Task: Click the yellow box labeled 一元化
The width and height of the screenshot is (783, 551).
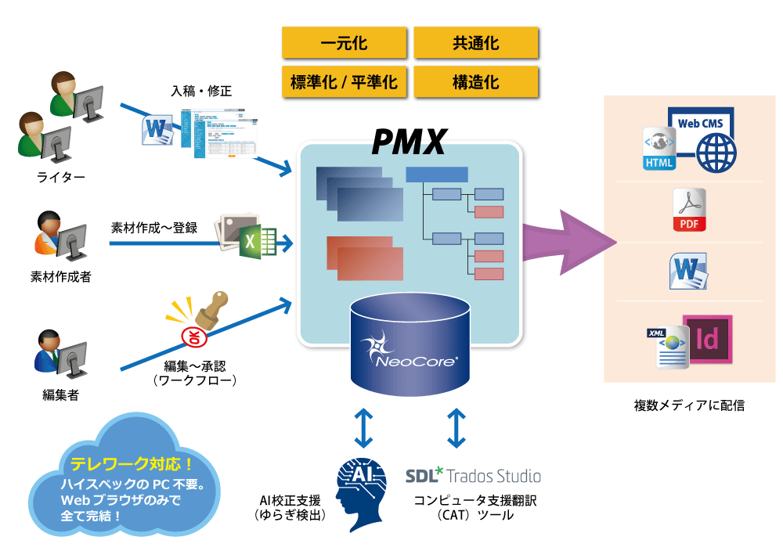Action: pyautogui.click(x=345, y=42)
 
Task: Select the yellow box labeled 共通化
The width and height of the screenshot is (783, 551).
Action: pyautogui.click(x=476, y=42)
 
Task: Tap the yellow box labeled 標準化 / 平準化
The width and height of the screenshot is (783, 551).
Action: pyautogui.click(x=345, y=81)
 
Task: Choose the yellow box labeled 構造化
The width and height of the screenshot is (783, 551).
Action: pyautogui.click(x=476, y=81)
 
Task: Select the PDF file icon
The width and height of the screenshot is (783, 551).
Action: pyautogui.click(x=689, y=211)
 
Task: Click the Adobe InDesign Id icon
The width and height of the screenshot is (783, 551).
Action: pyautogui.click(x=707, y=340)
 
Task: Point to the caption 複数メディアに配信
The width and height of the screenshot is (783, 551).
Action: pyautogui.click(x=689, y=405)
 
